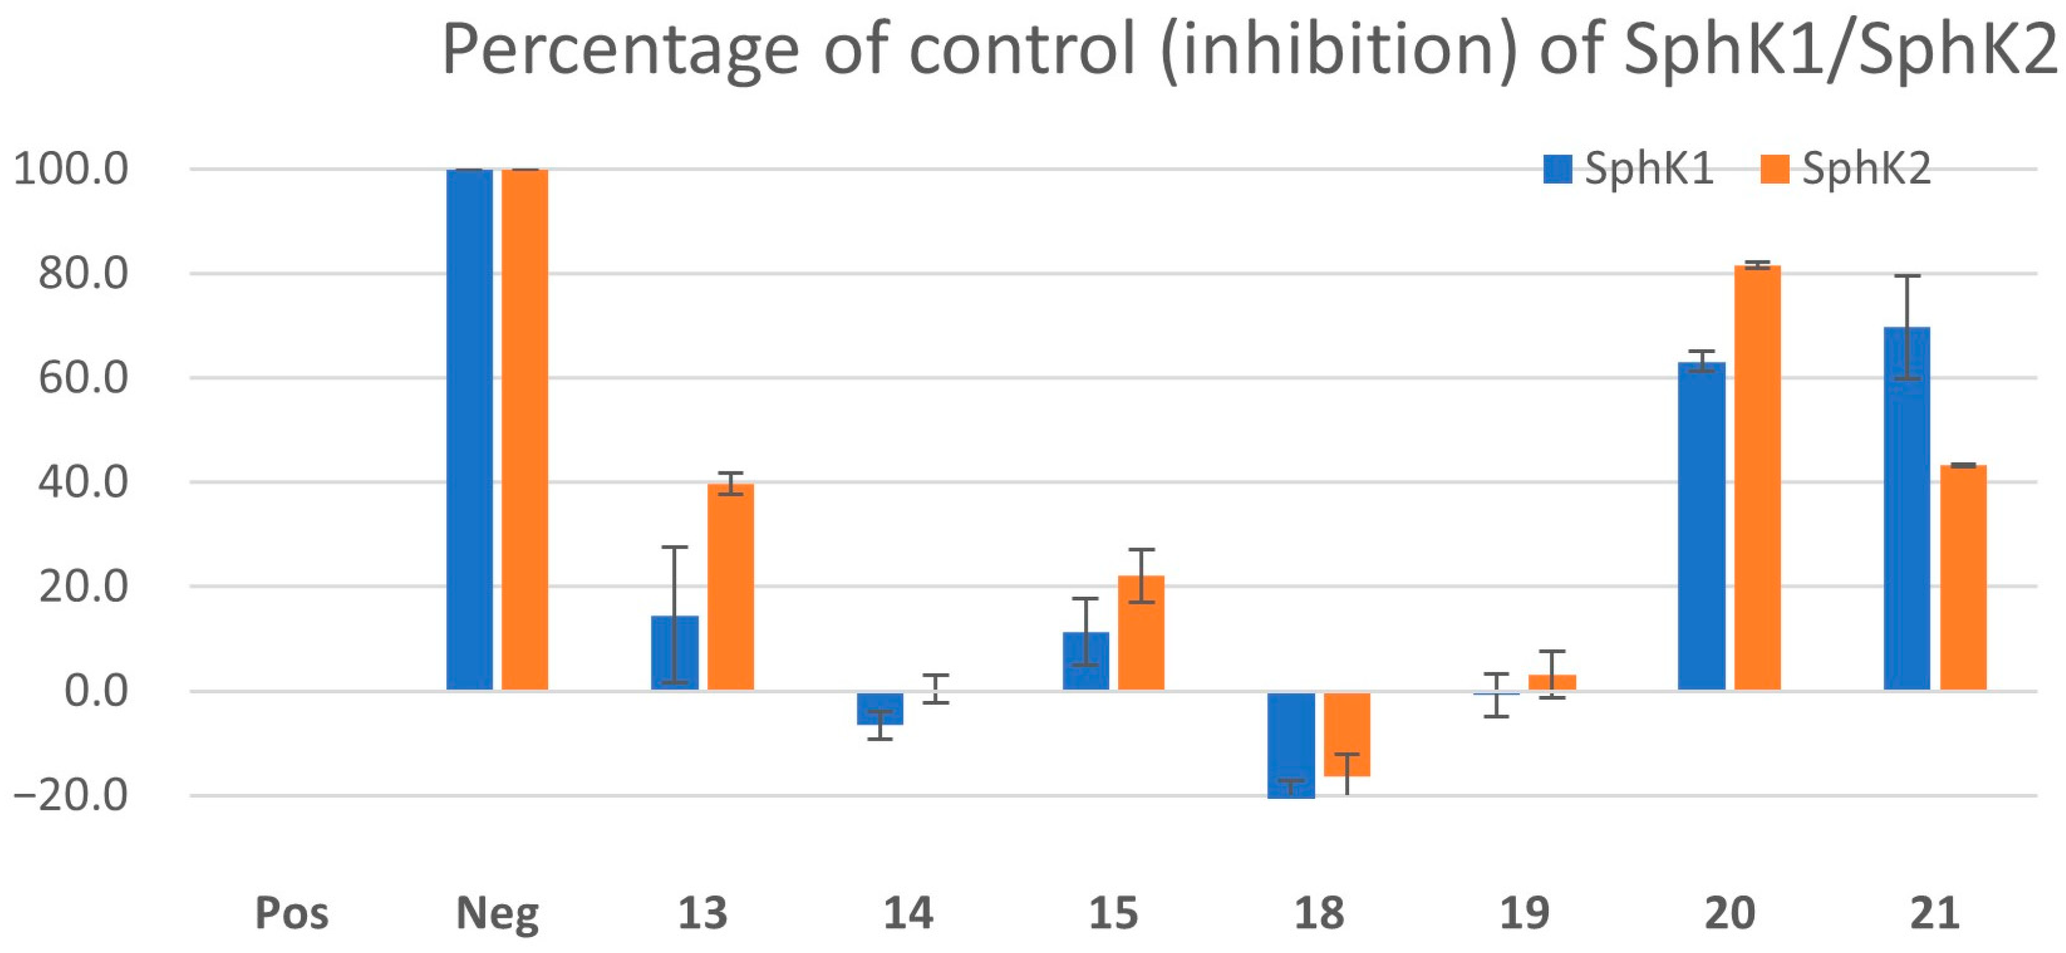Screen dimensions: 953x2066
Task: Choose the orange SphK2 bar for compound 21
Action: [1962, 578]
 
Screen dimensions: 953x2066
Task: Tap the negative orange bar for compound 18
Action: [1346, 734]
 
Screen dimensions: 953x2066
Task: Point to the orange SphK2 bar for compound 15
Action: [1140, 633]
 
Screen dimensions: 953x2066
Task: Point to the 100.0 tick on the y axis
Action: [70, 169]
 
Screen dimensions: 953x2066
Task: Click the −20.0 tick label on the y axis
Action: [70, 796]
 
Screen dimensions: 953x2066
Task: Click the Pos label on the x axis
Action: [291, 913]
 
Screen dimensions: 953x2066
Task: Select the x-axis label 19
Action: [1524, 913]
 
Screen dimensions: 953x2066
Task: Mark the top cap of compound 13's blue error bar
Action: [675, 547]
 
